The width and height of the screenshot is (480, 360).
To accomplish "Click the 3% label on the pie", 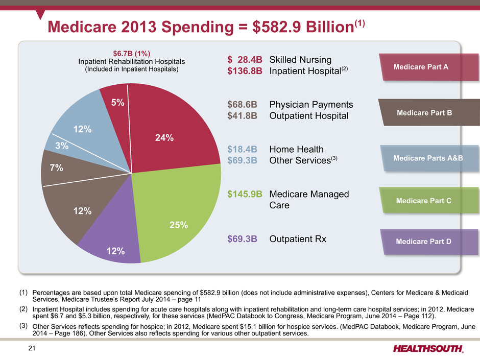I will point(62,146).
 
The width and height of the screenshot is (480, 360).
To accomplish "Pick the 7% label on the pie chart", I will point(56,167).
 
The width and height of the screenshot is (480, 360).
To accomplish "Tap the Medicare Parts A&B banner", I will point(428,158).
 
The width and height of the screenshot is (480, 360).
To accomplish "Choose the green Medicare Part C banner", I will point(428,201).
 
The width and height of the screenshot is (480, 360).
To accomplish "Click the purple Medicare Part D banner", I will point(428,241).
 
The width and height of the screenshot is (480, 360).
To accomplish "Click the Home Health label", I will point(296,149).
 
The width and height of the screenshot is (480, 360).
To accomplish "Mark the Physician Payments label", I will point(311,104).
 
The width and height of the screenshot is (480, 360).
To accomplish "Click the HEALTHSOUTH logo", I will point(429,348).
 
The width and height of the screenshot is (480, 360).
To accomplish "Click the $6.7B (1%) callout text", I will point(131,52).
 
